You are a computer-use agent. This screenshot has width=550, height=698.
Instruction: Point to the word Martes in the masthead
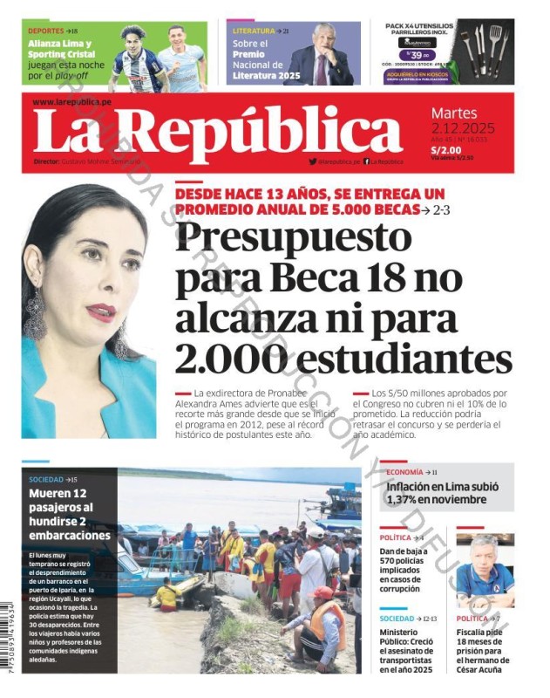pos(454,113)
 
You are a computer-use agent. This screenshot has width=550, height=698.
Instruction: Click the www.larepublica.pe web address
pos(71,102)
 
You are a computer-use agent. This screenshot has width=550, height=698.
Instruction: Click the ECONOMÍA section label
pos(405,472)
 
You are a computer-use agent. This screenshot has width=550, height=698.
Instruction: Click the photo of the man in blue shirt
pos(485,571)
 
